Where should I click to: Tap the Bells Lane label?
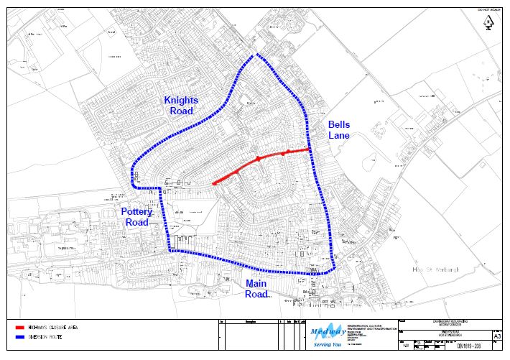[338, 130]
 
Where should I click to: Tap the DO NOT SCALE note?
[488, 8]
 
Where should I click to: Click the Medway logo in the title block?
[328, 331]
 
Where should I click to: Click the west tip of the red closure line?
[214, 184]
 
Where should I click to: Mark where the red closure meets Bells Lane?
[310, 149]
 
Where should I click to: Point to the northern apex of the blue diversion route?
[252, 55]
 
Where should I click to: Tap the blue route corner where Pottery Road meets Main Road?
[170, 250]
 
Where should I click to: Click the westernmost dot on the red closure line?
[214, 184]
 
